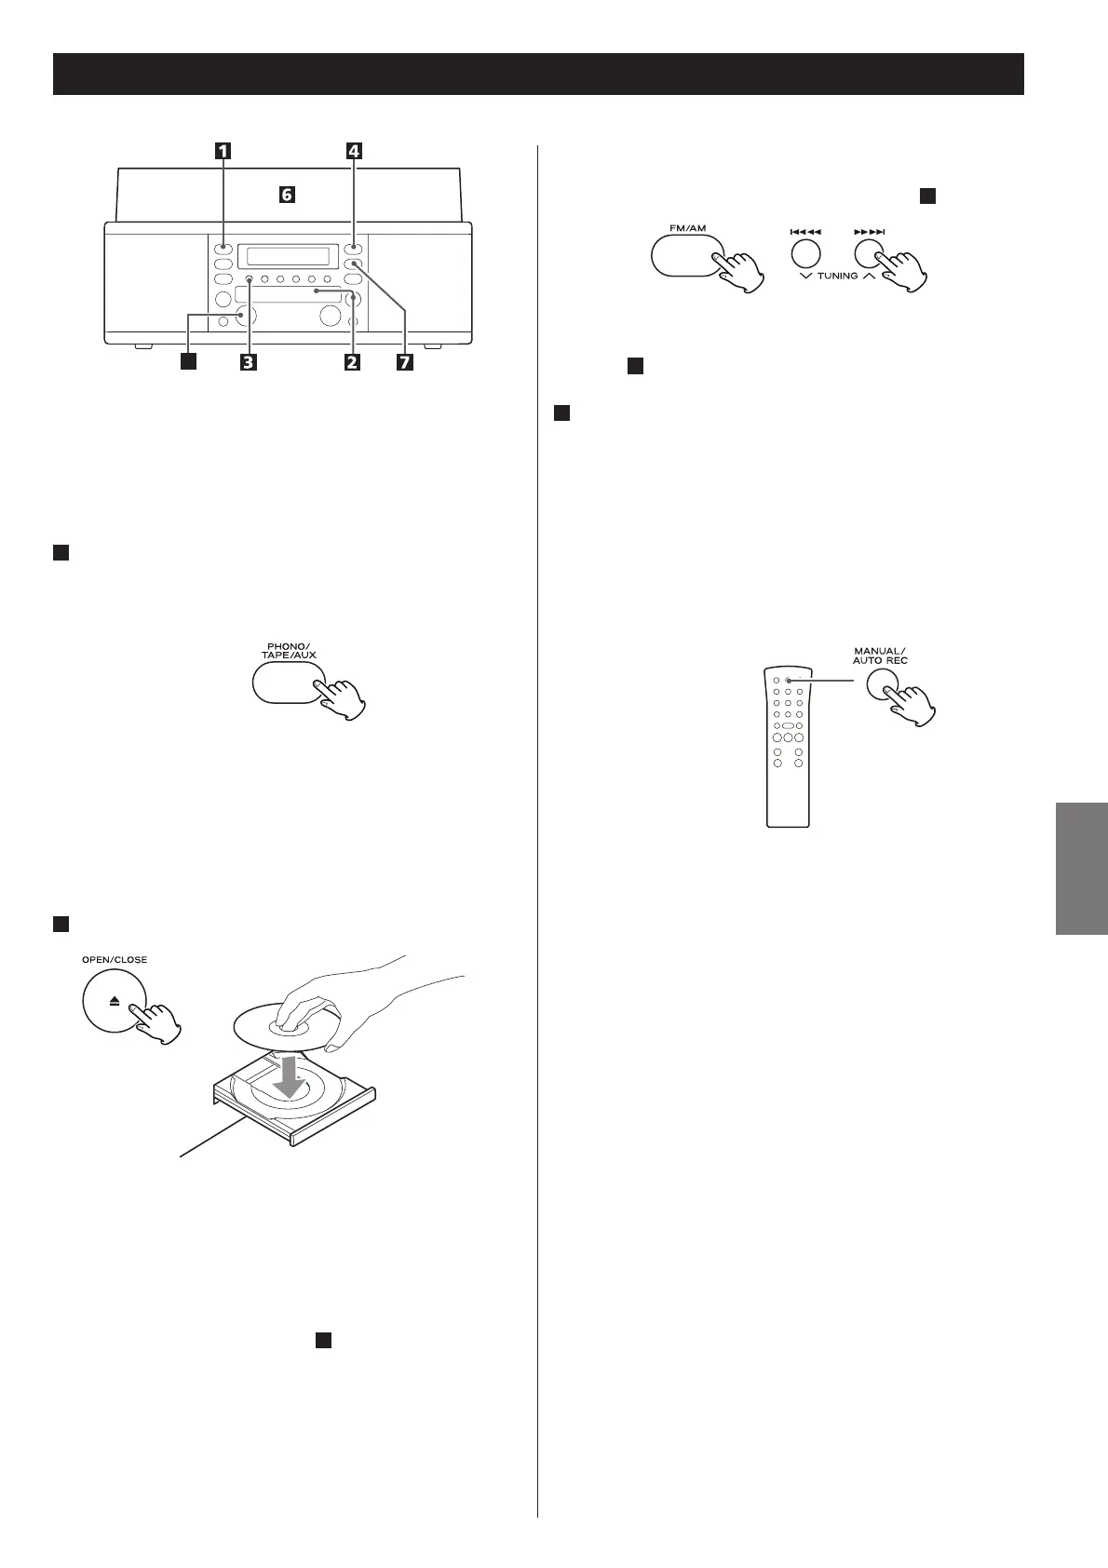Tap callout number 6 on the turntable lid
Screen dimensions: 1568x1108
click(288, 195)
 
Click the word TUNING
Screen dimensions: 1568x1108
click(838, 277)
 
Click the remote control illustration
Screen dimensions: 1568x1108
click(787, 745)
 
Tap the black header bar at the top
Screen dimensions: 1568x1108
click(538, 74)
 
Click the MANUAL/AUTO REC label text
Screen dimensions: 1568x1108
click(881, 655)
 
